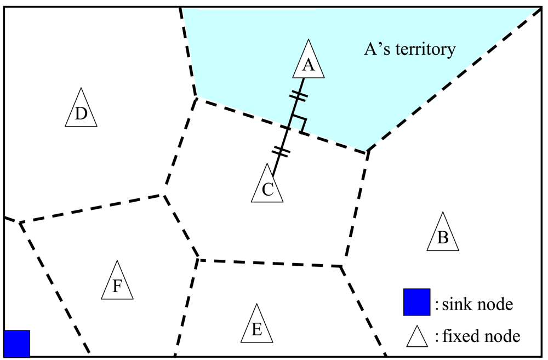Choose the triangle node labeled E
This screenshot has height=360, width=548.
coord(256,327)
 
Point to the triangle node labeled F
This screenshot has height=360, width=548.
coord(117,283)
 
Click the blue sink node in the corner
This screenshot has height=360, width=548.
coord(17,343)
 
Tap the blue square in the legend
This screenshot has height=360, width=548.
coord(416,302)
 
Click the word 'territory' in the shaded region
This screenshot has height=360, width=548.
coord(429,50)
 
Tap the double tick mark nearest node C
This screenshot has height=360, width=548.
coord(281,150)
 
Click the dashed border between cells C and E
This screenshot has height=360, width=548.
coord(269,262)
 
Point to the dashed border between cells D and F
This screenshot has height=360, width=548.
coord(90,209)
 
